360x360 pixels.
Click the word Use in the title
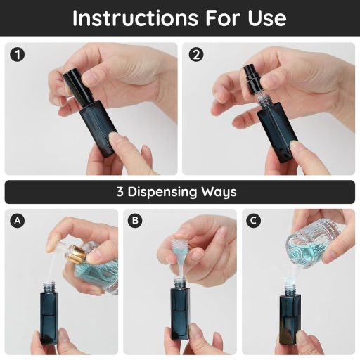tap(265, 18)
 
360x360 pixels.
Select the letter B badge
tap(136, 221)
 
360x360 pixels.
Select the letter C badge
tap(254, 221)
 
